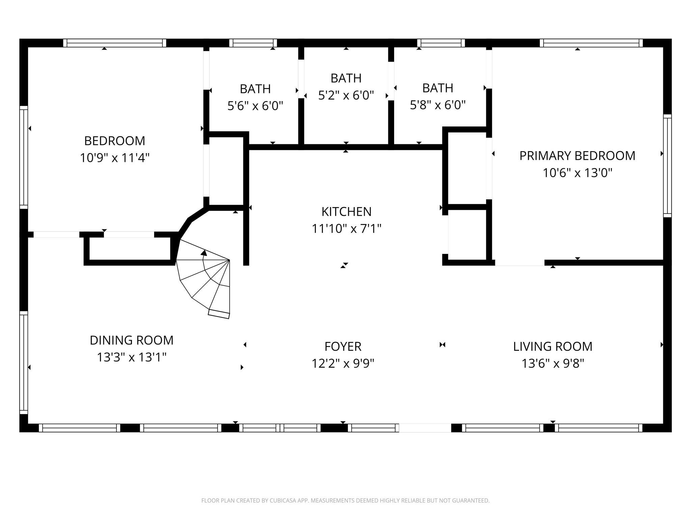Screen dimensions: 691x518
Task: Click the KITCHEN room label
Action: [x=346, y=212]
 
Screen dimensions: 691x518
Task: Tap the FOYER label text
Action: [x=343, y=347]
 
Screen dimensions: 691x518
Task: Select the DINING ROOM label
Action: [x=132, y=340]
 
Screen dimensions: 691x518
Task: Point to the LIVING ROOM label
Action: [x=553, y=347]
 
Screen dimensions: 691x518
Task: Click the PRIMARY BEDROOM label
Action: [x=577, y=156]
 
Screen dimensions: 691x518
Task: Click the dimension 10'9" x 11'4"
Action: [x=115, y=158]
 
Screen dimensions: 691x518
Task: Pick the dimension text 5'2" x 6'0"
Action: [x=346, y=95]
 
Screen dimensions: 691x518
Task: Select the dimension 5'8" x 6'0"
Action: [x=438, y=105]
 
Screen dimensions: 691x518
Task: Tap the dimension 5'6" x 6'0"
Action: [x=255, y=106]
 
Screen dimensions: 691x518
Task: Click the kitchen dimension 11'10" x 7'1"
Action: [x=346, y=229]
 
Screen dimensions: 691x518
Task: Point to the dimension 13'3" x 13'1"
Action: [x=132, y=357]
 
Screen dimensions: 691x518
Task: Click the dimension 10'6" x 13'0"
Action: [x=577, y=173]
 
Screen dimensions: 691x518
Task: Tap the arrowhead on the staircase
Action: [x=204, y=253]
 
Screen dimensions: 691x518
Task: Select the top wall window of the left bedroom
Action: [x=115, y=43]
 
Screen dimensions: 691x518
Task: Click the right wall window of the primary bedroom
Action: [x=667, y=166]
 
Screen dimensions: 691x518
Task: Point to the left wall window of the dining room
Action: [x=24, y=363]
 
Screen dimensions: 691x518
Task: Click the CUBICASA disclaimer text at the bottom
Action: [x=345, y=501]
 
